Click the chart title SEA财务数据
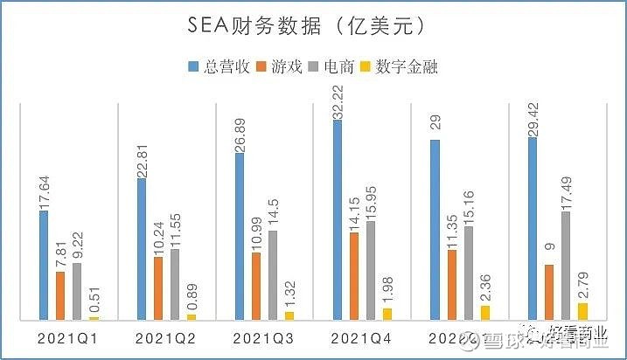(x=312, y=27)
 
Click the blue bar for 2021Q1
(x=44, y=266)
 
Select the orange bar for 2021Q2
(x=158, y=288)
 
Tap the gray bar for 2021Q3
(x=273, y=275)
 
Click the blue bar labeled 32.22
(x=338, y=220)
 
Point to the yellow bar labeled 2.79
(x=582, y=311)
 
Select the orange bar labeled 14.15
(x=354, y=276)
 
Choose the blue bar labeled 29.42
(x=533, y=229)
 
